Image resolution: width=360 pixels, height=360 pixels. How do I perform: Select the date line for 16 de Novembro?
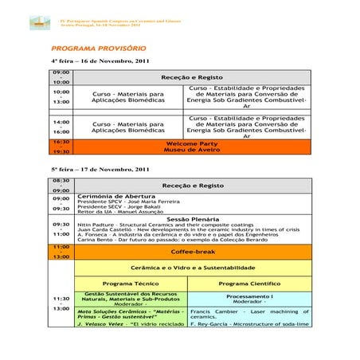click(x=100, y=62)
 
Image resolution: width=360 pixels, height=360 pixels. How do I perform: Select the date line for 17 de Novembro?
click(x=100, y=170)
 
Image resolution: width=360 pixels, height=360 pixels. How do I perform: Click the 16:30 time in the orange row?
click(x=61, y=142)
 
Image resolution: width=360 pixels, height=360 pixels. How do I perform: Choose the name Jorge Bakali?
click(x=151, y=208)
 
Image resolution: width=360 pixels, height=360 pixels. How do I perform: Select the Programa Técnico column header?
click(x=131, y=283)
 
